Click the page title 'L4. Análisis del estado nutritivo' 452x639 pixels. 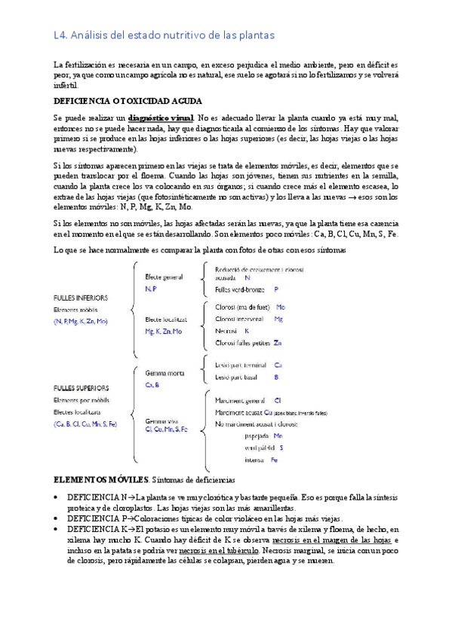158,35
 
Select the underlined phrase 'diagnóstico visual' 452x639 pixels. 161,118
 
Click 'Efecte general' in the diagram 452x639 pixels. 164,277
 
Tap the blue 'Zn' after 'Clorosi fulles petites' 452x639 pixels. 278,343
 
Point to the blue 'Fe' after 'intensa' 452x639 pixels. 274,460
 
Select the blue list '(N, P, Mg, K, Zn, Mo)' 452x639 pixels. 81,322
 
